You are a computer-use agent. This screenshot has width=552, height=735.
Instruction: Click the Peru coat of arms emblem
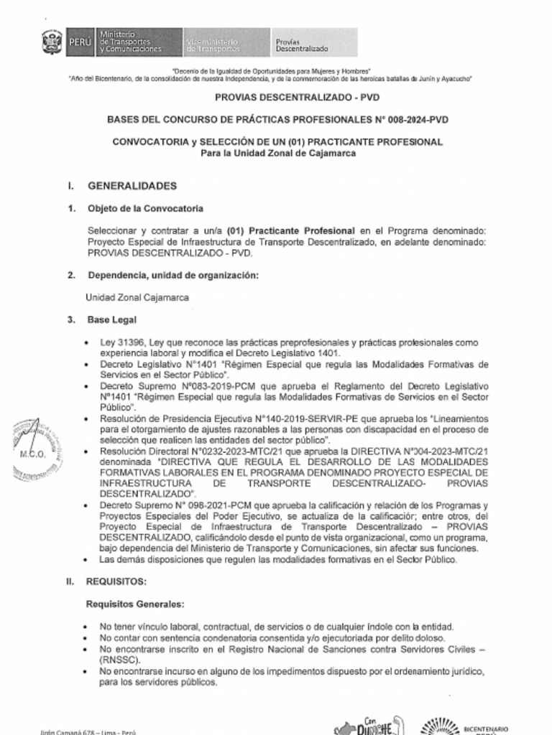[x=52, y=43]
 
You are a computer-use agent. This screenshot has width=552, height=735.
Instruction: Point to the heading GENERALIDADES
[x=132, y=186]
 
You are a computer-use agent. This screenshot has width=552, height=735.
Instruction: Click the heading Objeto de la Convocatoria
[x=145, y=209]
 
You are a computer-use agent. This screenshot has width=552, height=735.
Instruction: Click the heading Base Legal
[x=112, y=319]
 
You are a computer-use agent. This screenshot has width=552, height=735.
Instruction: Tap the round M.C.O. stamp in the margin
[x=34, y=453]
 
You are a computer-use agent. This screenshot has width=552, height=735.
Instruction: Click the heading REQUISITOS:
[x=116, y=581]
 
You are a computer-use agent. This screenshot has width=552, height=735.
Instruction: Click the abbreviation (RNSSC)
[x=119, y=660]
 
